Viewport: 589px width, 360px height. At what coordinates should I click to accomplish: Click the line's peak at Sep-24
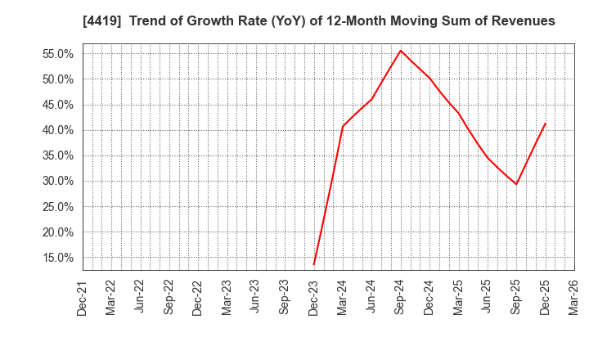pos(401,51)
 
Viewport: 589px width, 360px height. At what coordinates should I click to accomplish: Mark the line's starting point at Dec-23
pos(314,264)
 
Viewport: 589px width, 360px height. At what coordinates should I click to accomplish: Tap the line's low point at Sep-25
pos(516,184)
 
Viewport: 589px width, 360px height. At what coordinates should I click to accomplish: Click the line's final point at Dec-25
pos(545,124)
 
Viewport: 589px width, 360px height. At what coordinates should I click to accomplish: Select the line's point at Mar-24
pos(343,126)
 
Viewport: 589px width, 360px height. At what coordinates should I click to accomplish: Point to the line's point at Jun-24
pos(371,99)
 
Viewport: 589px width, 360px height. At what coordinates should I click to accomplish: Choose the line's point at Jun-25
pos(488,157)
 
